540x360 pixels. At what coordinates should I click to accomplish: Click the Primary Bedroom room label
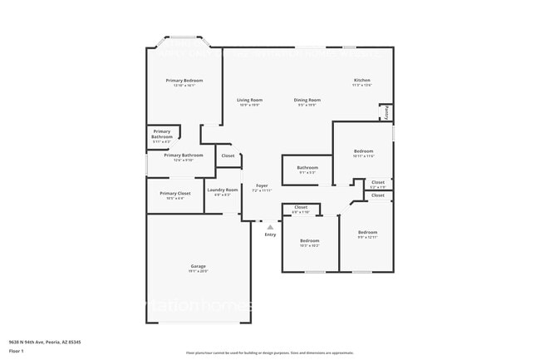coord(184,81)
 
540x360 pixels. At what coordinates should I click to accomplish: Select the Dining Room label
coord(307,100)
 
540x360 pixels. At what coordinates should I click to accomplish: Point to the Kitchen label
coord(361,81)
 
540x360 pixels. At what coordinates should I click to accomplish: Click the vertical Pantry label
coord(386,113)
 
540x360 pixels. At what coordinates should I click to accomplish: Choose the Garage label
coord(198,266)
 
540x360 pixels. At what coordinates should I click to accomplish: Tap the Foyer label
coord(262,185)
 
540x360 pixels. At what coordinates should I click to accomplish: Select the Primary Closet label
coord(175,193)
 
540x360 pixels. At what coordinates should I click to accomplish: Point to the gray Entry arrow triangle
coord(270,226)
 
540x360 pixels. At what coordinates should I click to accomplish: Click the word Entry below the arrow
coord(270,234)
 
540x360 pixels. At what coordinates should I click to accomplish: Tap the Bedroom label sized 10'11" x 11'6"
coord(363,150)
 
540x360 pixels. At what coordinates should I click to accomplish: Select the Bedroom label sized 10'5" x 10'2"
coord(309,240)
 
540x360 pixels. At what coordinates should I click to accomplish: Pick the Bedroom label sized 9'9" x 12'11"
coord(367,232)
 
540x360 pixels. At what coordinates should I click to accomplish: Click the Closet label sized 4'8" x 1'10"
coord(300,207)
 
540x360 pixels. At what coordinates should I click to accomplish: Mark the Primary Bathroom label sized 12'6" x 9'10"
coord(184,155)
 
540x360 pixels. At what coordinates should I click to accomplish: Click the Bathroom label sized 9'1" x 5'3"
coord(307,168)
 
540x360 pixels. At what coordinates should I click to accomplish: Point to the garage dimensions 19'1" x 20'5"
coord(198,271)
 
